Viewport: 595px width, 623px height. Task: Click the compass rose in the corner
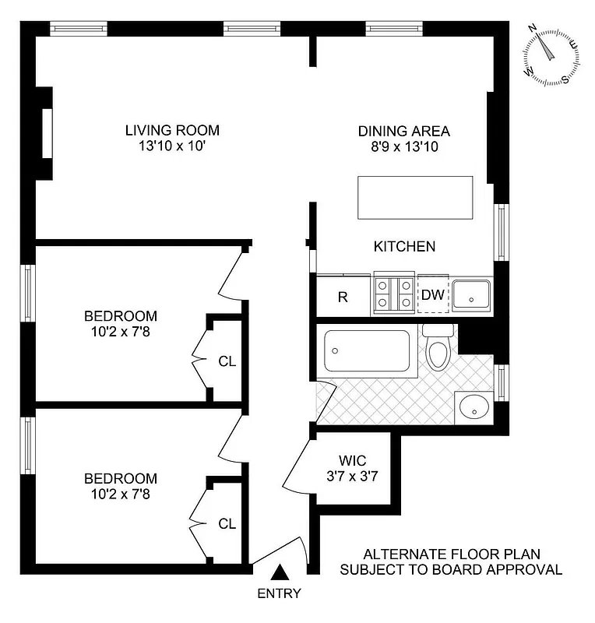[x=551, y=56]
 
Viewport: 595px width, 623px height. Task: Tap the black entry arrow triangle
[x=281, y=575]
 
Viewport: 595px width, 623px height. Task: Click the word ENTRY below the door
[x=280, y=593]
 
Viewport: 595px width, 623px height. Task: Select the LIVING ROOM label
[x=172, y=130]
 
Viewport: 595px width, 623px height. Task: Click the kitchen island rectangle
[x=415, y=198]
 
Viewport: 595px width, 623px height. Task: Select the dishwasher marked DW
[x=433, y=294]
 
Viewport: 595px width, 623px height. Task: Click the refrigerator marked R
[x=343, y=296]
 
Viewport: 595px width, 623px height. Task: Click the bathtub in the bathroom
[x=366, y=351]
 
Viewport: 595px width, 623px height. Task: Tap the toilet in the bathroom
[x=438, y=350]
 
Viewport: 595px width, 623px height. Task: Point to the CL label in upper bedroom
[x=227, y=361]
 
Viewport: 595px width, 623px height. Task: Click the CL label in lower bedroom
[x=227, y=523]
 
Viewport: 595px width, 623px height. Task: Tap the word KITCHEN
[x=404, y=246]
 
